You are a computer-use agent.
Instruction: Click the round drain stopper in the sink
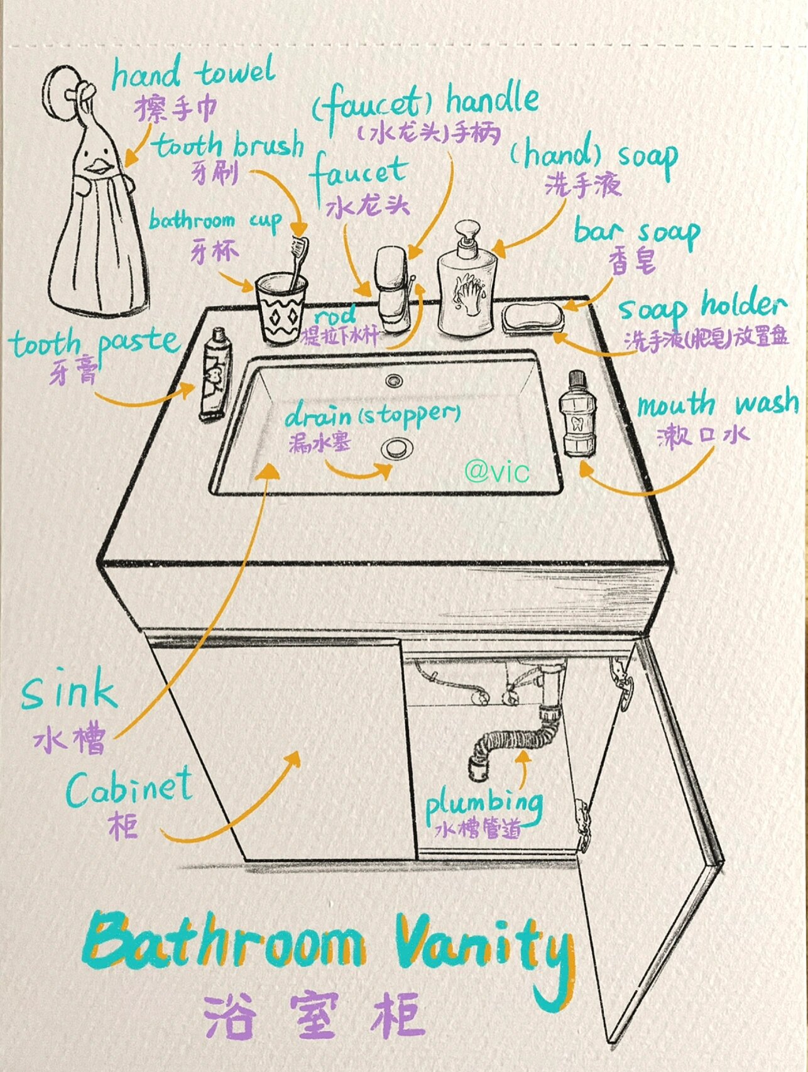tap(395, 447)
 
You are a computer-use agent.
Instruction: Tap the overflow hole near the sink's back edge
tap(394, 380)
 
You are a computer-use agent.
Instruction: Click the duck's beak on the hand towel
tap(98, 167)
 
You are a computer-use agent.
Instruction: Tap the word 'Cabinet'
tap(129, 789)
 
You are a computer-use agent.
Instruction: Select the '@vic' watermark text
tap(497, 471)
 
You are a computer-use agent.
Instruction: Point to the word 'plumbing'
tap(484, 804)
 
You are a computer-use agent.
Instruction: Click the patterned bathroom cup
tap(280, 308)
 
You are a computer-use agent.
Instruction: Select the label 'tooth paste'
tap(94, 343)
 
